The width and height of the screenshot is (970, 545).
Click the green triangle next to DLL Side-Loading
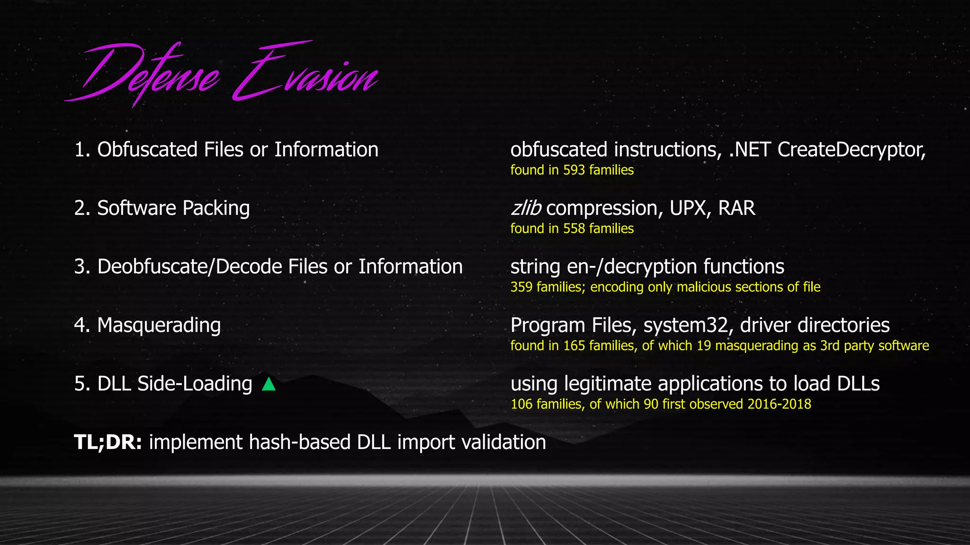pos(269,384)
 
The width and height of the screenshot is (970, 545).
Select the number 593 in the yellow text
pos(574,170)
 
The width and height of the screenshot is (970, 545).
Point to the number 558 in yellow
pos(574,229)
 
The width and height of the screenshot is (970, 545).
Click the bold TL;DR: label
pos(108,442)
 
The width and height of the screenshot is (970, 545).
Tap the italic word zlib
pos(525,209)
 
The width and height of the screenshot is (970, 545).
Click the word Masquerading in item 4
pos(159,326)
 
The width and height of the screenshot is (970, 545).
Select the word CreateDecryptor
pos(851,150)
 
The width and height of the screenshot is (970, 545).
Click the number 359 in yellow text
pos(521,287)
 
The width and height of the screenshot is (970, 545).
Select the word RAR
pos(736,209)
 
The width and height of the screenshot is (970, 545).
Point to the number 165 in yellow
pos(574,346)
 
